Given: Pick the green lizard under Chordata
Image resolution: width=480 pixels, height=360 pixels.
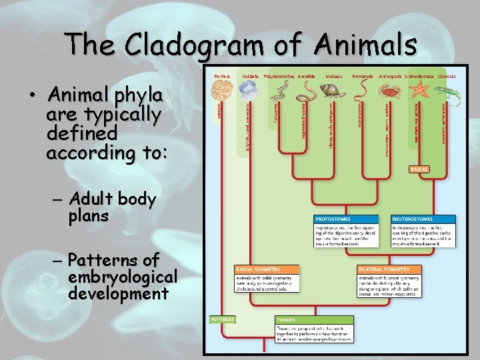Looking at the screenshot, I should point(444,93).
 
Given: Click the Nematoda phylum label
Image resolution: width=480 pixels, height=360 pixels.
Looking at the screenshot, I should point(363,76).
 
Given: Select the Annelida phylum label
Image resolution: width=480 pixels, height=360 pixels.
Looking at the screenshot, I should point(306,76).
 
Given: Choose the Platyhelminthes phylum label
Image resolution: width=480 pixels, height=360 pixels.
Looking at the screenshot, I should point(279,76).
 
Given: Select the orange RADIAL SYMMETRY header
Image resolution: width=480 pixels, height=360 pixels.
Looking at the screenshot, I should point(257,269).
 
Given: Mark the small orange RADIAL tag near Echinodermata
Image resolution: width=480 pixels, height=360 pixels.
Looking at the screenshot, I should point(420,169).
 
